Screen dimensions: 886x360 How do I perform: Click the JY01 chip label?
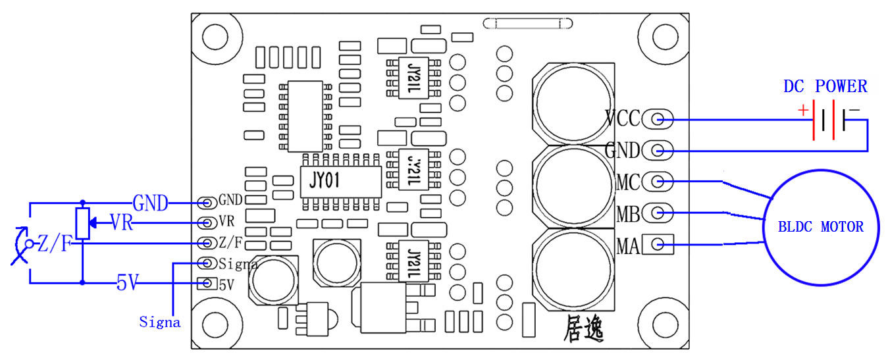[x=325, y=180]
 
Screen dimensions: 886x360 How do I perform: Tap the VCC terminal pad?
[x=658, y=119]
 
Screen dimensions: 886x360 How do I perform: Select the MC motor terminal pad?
[x=658, y=182]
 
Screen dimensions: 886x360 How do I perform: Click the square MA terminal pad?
[x=658, y=244]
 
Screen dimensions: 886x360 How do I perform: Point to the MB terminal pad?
[x=658, y=213]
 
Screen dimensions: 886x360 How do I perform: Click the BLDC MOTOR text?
[x=821, y=226]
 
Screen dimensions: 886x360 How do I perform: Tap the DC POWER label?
[x=825, y=86]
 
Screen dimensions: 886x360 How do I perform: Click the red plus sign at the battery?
[x=803, y=110]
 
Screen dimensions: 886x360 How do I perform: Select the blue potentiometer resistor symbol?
[x=83, y=223]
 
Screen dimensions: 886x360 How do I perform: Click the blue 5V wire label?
[x=127, y=283]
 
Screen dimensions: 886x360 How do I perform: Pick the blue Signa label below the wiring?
[x=160, y=322]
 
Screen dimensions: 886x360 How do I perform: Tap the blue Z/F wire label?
[x=55, y=243]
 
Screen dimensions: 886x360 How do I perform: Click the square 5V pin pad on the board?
[x=207, y=283]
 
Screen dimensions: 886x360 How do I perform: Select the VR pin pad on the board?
[x=207, y=223]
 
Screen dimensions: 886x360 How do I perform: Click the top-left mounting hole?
[x=215, y=37]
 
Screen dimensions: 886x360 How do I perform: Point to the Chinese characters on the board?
[x=583, y=328]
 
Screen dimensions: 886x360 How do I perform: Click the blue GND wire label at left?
[x=150, y=203]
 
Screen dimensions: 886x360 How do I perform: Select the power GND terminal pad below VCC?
[x=658, y=150]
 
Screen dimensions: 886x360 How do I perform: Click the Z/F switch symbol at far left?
[x=21, y=245]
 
